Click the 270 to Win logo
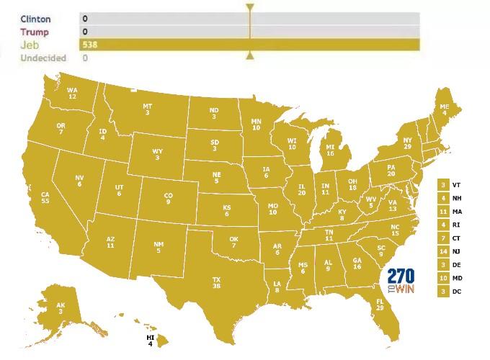click(x=401, y=282)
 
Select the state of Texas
click(x=215, y=282)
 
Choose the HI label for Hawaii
click(x=151, y=337)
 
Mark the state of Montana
click(x=147, y=109)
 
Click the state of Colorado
click(x=168, y=198)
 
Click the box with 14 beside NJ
click(x=442, y=251)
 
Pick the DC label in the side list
click(x=457, y=291)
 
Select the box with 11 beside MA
click(x=442, y=211)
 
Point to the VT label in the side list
click(x=457, y=184)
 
